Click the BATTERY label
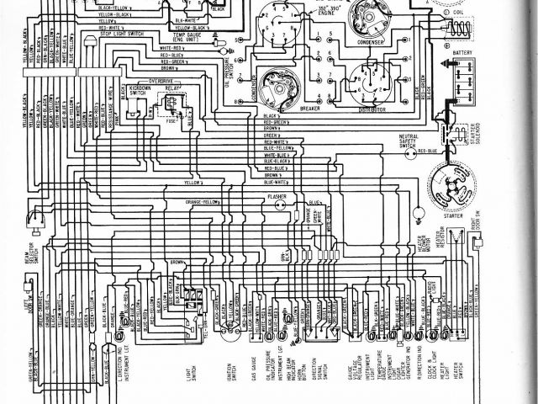tap(462, 51)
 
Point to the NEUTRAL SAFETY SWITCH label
tap(409, 141)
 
